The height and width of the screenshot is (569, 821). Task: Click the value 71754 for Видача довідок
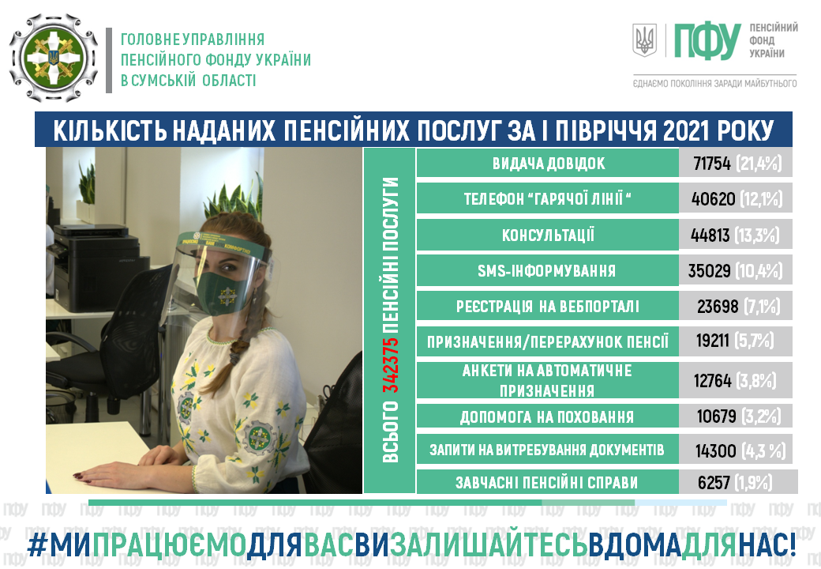click(711, 164)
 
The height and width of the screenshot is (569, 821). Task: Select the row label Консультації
click(548, 236)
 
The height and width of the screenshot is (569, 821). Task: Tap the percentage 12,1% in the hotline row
click(760, 199)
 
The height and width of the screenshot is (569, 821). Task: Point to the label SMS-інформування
click(546, 271)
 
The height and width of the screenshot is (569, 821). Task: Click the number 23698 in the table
click(718, 307)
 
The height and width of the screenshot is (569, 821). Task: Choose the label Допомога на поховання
click(546, 417)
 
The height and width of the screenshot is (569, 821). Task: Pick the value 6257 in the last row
click(714, 483)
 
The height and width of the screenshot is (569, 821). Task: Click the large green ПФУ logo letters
click(707, 41)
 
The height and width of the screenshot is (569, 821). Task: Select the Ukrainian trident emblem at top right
click(644, 40)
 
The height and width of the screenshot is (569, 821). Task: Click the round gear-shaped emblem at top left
click(54, 58)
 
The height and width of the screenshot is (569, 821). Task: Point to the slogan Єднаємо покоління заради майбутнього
click(714, 83)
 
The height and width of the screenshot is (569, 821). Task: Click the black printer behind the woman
click(94, 267)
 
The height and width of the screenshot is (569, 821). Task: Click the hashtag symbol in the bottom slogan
click(36, 545)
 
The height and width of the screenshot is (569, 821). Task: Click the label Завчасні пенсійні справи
click(546, 483)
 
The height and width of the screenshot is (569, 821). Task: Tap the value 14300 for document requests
click(716, 450)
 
